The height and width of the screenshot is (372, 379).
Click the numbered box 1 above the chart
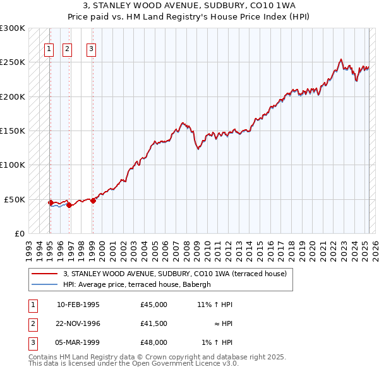pos(49,50)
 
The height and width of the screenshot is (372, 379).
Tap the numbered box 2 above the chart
pos(68,50)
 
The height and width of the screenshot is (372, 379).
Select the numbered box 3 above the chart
pos(92,50)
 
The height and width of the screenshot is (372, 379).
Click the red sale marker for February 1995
pos(50,202)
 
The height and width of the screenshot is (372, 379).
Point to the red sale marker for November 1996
pos(69,205)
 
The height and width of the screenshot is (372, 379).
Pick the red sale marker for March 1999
pos(93,201)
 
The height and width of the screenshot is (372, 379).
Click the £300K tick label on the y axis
pos(13,28)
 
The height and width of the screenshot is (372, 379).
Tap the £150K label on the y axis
pos(13,131)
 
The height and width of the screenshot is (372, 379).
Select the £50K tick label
pos(15,199)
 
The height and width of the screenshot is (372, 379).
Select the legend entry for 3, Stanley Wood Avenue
pos(176,274)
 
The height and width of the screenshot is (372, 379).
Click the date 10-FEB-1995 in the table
pos(78,305)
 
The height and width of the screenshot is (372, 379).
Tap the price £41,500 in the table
pos(154,323)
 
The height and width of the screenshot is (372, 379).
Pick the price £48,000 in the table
pos(154,342)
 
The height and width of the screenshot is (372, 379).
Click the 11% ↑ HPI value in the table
pos(215,305)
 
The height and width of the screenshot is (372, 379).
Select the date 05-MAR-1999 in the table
pos(78,342)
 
